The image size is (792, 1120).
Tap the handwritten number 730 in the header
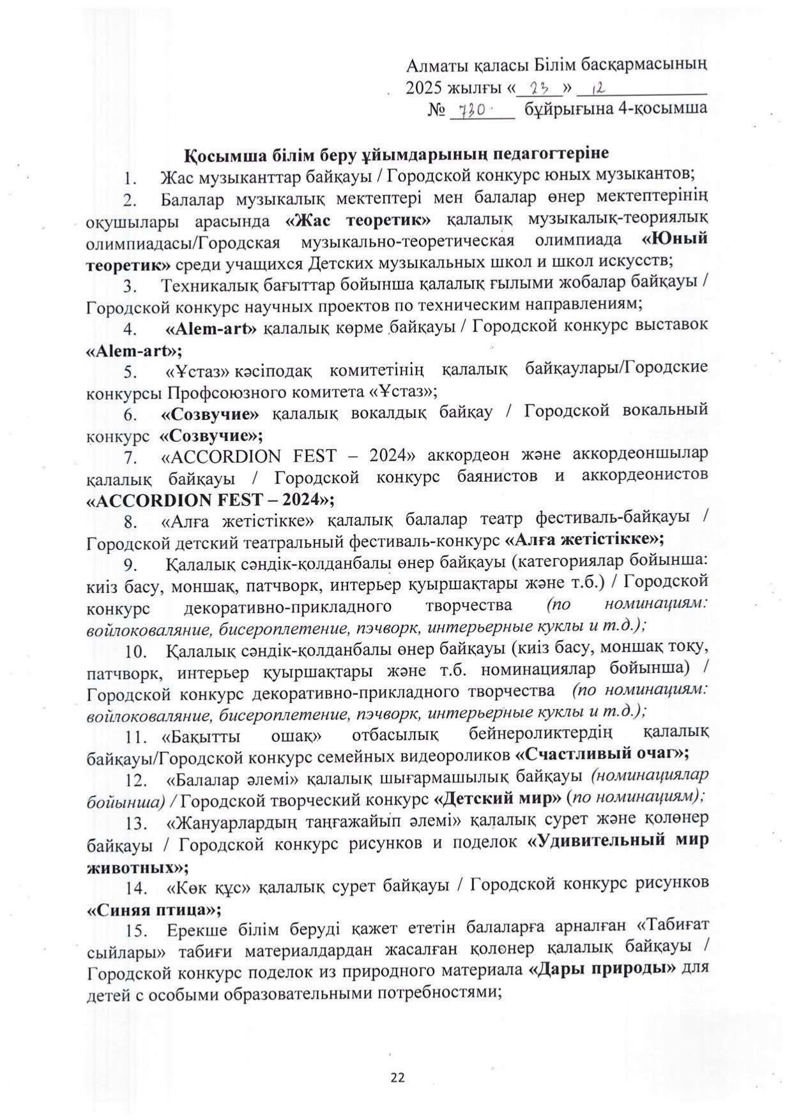tap(470, 110)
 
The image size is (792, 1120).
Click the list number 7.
tap(131, 458)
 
